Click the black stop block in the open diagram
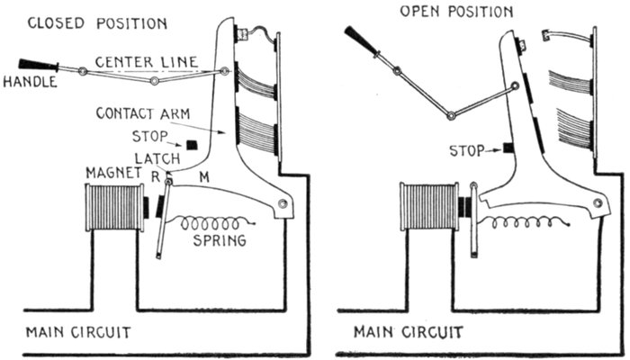pos(508,148)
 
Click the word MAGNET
pos(111,172)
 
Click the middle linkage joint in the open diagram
pos(450,114)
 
